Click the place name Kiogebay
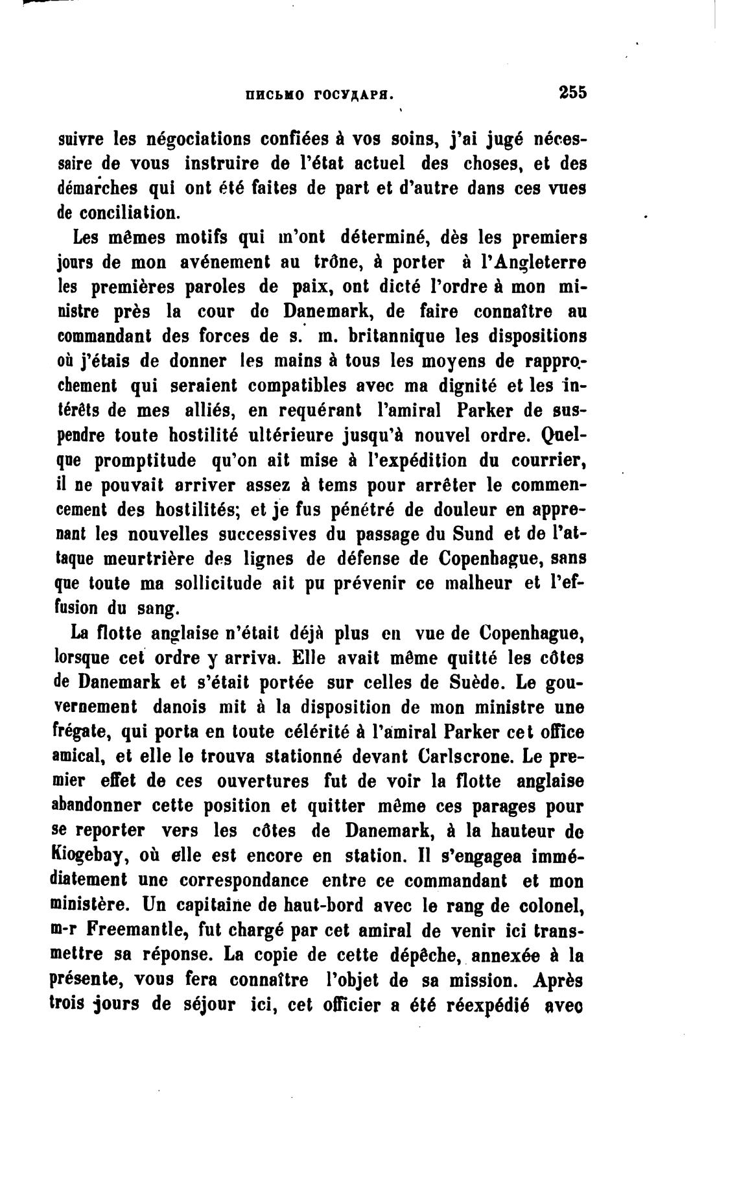point(88,855)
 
